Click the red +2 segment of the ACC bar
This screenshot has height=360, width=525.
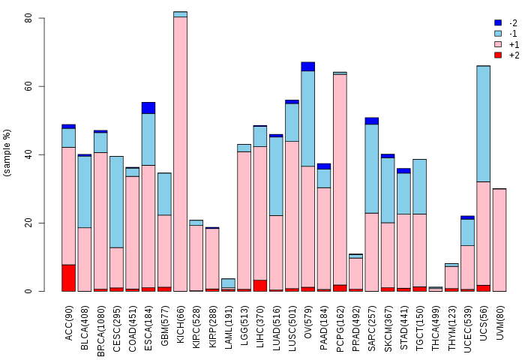[68, 278]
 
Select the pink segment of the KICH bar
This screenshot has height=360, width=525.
[180, 154]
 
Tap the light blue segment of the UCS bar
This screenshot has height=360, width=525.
[483, 124]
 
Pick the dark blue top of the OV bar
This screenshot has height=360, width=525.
[307, 67]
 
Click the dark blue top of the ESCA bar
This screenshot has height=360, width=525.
[148, 108]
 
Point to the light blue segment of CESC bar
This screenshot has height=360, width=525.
[116, 202]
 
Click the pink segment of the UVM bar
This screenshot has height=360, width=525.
[499, 240]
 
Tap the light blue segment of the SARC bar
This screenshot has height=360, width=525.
[372, 169]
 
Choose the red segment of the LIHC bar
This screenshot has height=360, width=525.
[260, 286]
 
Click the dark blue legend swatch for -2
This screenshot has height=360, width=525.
[498, 22]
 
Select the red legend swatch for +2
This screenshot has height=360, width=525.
[498, 55]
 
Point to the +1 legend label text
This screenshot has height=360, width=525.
[514, 44]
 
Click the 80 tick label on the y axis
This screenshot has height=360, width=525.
[28, 18]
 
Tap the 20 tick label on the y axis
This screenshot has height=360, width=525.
[28, 223]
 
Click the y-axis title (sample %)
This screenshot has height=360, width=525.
[7, 153]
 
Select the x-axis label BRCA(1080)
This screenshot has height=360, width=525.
[100, 331]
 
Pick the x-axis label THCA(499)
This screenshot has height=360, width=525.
[435, 328]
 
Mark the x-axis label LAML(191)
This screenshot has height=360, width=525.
[229, 328]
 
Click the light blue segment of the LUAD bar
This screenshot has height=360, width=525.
[276, 176]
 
